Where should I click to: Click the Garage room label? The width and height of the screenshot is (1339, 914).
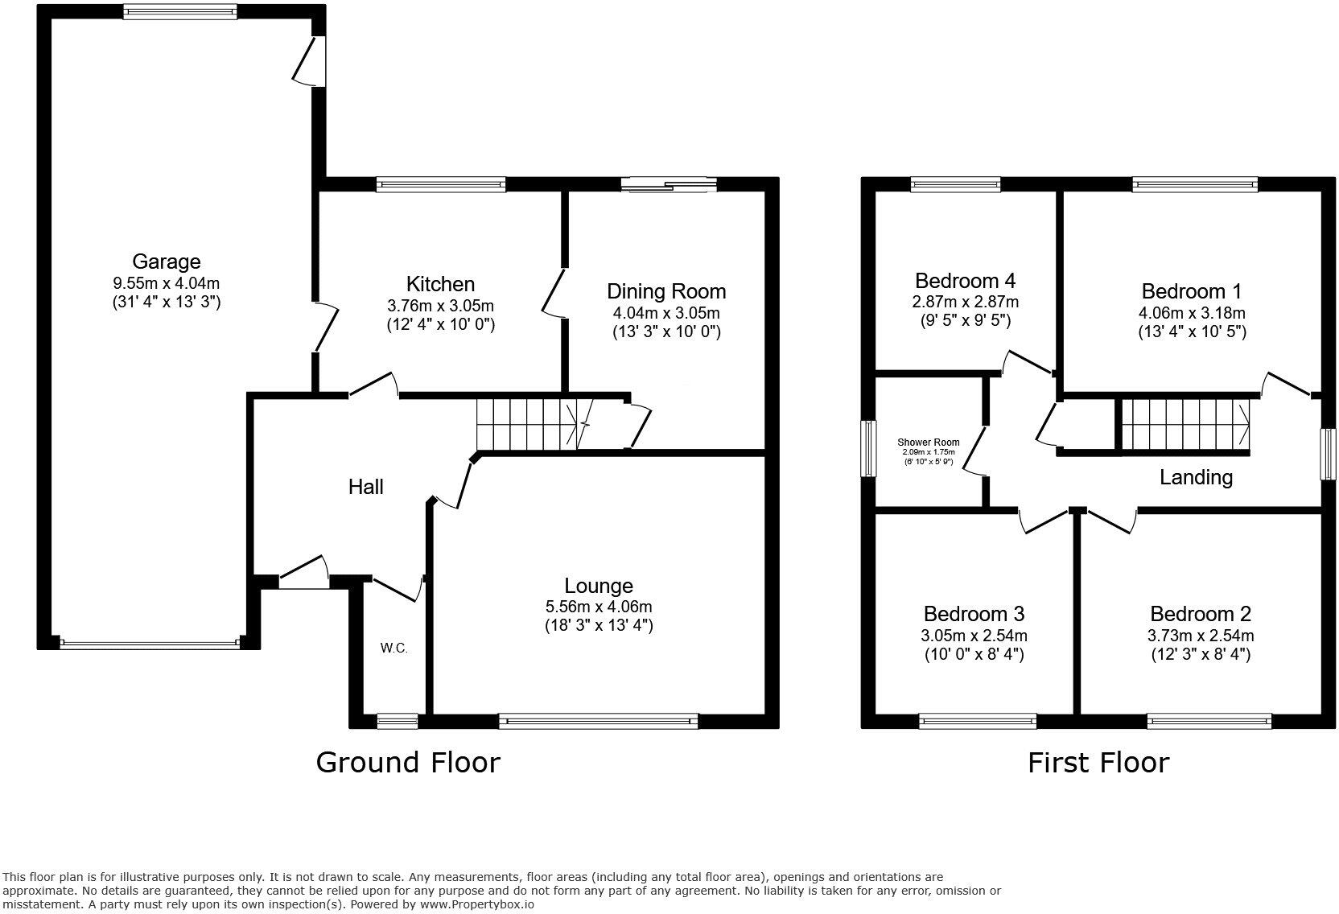pyautogui.click(x=166, y=261)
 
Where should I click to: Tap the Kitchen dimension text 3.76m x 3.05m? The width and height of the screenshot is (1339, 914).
pyautogui.click(x=440, y=306)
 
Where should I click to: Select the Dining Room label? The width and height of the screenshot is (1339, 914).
pyautogui.click(x=665, y=291)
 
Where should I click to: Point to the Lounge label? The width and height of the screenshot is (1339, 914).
pyautogui.click(x=598, y=587)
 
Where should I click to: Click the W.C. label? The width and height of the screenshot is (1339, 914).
pyautogui.click(x=393, y=648)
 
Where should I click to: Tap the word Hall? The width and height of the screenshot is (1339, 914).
pyautogui.click(x=365, y=487)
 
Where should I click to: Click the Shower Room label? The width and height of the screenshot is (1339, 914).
pyautogui.click(x=928, y=443)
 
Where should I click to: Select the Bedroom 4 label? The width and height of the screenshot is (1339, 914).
pyautogui.click(x=965, y=281)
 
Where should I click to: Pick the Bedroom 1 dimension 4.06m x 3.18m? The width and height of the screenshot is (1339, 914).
pyautogui.click(x=1192, y=312)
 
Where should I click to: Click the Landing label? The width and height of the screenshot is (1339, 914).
pyautogui.click(x=1196, y=477)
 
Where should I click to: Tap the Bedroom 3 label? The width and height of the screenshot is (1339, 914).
pyautogui.click(x=974, y=614)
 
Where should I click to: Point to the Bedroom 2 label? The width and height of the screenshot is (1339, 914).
pyautogui.click(x=1200, y=614)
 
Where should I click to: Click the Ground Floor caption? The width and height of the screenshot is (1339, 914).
pyautogui.click(x=407, y=762)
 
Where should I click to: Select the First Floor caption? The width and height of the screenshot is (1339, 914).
pyautogui.click(x=1098, y=762)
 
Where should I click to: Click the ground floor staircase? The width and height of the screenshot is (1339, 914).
pyautogui.click(x=528, y=424)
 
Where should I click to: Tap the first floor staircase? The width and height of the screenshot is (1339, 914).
pyautogui.click(x=1185, y=424)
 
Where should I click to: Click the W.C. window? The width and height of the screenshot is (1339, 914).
pyautogui.click(x=398, y=721)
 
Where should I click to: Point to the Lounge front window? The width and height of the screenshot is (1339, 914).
pyautogui.click(x=598, y=721)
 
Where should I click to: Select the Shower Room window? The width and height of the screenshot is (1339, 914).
pyautogui.click(x=868, y=449)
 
